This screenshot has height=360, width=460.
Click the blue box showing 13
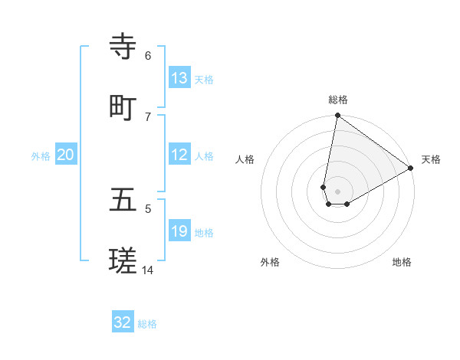pos(179,77)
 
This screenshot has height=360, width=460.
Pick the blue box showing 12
pos(179,155)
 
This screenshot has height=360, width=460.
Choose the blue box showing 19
pos(179,231)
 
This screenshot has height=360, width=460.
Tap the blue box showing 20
pos(66,155)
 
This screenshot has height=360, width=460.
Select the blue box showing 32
pos(123,322)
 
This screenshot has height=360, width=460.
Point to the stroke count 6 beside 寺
pos(148,55)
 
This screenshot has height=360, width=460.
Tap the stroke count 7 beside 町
pos(148,116)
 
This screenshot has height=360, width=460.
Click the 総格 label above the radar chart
pos(338,100)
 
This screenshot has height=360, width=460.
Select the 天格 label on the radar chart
pos(431,159)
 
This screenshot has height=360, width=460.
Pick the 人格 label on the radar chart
pos(245,159)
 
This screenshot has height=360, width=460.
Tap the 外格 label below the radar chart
pos(270,263)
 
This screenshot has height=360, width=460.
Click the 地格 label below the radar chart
pos(402,263)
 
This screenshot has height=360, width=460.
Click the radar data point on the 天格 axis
pos(411,169)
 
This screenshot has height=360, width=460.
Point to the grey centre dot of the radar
pos(338,191)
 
